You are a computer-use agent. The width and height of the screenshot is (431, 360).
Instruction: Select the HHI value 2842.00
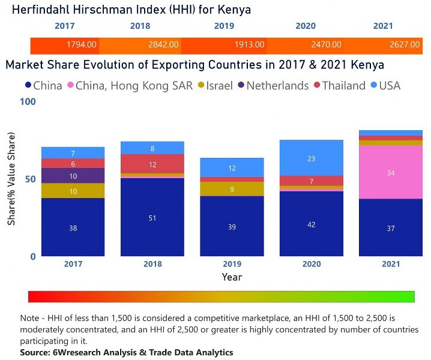pos(164,44)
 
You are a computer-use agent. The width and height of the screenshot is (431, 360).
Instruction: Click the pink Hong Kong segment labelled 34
pos(390,173)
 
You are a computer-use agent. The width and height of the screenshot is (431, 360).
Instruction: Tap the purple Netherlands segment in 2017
pos(73,176)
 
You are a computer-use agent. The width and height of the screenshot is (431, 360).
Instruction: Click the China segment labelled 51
pos(152,217)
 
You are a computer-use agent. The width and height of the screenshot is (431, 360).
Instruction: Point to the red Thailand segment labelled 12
pos(152,164)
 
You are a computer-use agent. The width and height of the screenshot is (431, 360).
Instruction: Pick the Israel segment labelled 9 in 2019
pos(232,189)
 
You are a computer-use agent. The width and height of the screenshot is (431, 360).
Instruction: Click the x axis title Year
pos(232,277)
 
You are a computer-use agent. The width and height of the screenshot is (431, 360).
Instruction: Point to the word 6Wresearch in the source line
pos(78,352)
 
